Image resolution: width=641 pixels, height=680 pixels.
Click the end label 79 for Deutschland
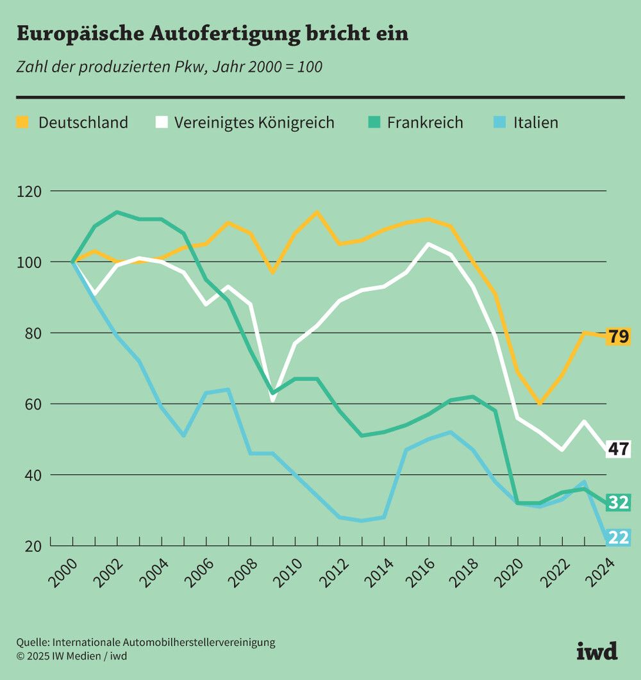619,336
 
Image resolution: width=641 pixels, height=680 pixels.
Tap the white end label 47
619,449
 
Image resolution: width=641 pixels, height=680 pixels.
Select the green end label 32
619,502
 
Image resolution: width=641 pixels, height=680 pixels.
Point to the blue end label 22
619,537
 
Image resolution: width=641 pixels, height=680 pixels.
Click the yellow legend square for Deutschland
22,122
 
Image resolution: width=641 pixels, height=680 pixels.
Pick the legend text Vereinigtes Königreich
254,122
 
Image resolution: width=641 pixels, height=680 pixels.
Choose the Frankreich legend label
425,122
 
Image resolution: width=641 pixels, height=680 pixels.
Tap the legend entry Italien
535,122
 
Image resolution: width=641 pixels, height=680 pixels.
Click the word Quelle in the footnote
32,642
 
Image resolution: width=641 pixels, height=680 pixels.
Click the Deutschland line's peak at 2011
317,213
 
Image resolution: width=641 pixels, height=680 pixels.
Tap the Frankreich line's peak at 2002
117,212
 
